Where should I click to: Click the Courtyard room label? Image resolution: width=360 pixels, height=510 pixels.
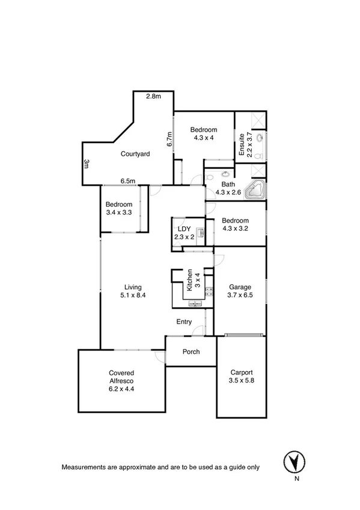pyautogui.click(x=135, y=154)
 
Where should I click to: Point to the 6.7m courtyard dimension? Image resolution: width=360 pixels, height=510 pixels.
pyautogui.click(x=170, y=139)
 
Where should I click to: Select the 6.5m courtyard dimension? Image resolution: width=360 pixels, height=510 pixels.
pyautogui.click(x=126, y=180)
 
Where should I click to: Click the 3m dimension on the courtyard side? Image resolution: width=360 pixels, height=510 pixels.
pyautogui.click(x=87, y=164)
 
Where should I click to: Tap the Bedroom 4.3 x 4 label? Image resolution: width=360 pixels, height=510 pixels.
pyautogui.click(x=204, y=134)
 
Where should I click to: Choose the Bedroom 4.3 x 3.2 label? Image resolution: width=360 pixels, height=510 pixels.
pyautogui.click(x=236, y=224)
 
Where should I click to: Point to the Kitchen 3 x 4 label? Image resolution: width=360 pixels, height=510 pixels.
pyautogui.click(x=192, y=280)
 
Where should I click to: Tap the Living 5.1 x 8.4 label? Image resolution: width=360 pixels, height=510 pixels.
pyautogui.click(x=133, y=291)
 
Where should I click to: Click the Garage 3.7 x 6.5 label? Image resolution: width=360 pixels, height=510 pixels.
pyautogui.click(x=240, y=291)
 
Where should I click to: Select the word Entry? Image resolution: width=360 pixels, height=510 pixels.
pyautogui.click(x=184, y=322)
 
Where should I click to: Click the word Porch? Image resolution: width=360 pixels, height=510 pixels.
pyautogui.click(x=191, y=352)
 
